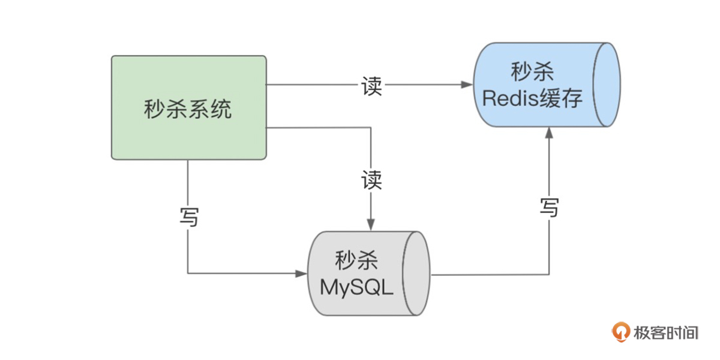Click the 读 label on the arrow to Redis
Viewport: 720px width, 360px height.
(371, 86)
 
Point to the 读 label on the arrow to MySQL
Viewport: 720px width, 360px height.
(371, 179)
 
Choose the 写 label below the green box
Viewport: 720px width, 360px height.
(188, 217)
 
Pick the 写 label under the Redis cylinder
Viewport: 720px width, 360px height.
(548, 208)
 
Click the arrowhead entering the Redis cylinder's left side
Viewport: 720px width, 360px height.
(468, 85)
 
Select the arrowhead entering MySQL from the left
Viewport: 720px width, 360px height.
(302, 274)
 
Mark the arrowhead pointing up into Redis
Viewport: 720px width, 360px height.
(548, 133)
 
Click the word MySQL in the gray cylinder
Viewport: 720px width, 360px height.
(356, 287)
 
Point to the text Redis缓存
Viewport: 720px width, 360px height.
(532, 98)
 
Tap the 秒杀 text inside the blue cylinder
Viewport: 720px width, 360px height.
(532, 73)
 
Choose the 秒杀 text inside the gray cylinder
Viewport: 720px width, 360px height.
(356, 262)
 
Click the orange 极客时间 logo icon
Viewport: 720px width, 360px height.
(620, 332)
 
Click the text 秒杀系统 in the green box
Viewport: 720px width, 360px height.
(188, 109)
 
